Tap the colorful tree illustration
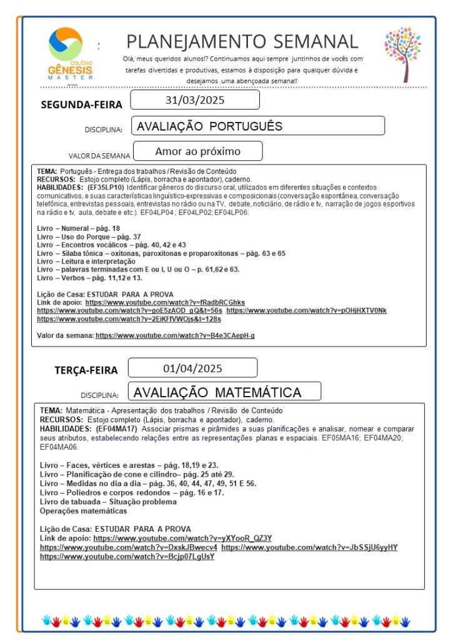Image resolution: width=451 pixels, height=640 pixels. coord(402,53)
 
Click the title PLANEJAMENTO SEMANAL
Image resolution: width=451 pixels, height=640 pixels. coord(242,41)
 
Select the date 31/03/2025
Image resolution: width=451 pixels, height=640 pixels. coord(195,100)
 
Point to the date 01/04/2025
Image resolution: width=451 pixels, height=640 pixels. coord(192,368)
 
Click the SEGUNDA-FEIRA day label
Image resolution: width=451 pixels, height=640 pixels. coord(81,104)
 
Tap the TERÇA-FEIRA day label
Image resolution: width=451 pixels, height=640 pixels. coord(86,370)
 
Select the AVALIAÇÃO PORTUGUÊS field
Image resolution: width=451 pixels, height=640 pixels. coord(258,126)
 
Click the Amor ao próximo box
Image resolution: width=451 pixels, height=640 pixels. coord(197,151)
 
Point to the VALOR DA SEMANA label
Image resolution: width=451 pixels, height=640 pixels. coord(99,156)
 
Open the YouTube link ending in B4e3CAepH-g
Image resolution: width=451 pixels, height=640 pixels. coord(175,336)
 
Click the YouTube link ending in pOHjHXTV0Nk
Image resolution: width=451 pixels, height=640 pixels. coord(306,311)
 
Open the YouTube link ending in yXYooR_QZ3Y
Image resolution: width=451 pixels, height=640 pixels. coord(182,538)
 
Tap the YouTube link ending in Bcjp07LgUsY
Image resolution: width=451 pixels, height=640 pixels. coord(127,556)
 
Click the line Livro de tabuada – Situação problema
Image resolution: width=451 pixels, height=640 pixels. coord(108,502)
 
